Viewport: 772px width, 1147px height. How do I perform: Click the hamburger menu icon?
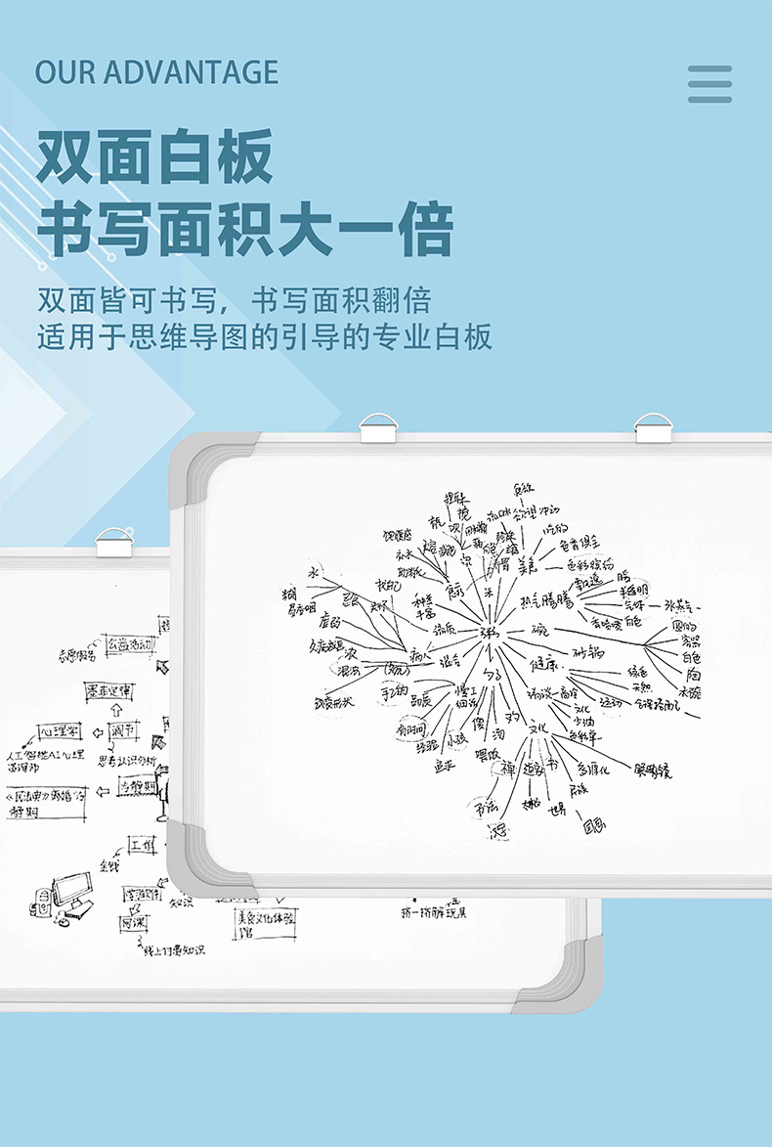click(x=709, y=84)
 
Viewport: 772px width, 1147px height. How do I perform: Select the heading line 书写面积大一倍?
click(x=244, y=231)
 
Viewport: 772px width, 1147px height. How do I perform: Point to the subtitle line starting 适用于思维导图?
click(x=264, y=337)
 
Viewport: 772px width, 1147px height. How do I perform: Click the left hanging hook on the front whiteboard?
click(x=377, y=427)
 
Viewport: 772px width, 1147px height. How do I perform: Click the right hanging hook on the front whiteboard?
click(x=654, y=427)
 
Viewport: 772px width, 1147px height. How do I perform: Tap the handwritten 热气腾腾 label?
click(x=546, y=599)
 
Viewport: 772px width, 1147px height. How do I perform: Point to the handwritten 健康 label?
click(x=544, y=664)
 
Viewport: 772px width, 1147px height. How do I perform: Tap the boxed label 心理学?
click(x=61, y=732)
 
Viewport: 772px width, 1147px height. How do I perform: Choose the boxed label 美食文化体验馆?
click(x=265, y=922)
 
